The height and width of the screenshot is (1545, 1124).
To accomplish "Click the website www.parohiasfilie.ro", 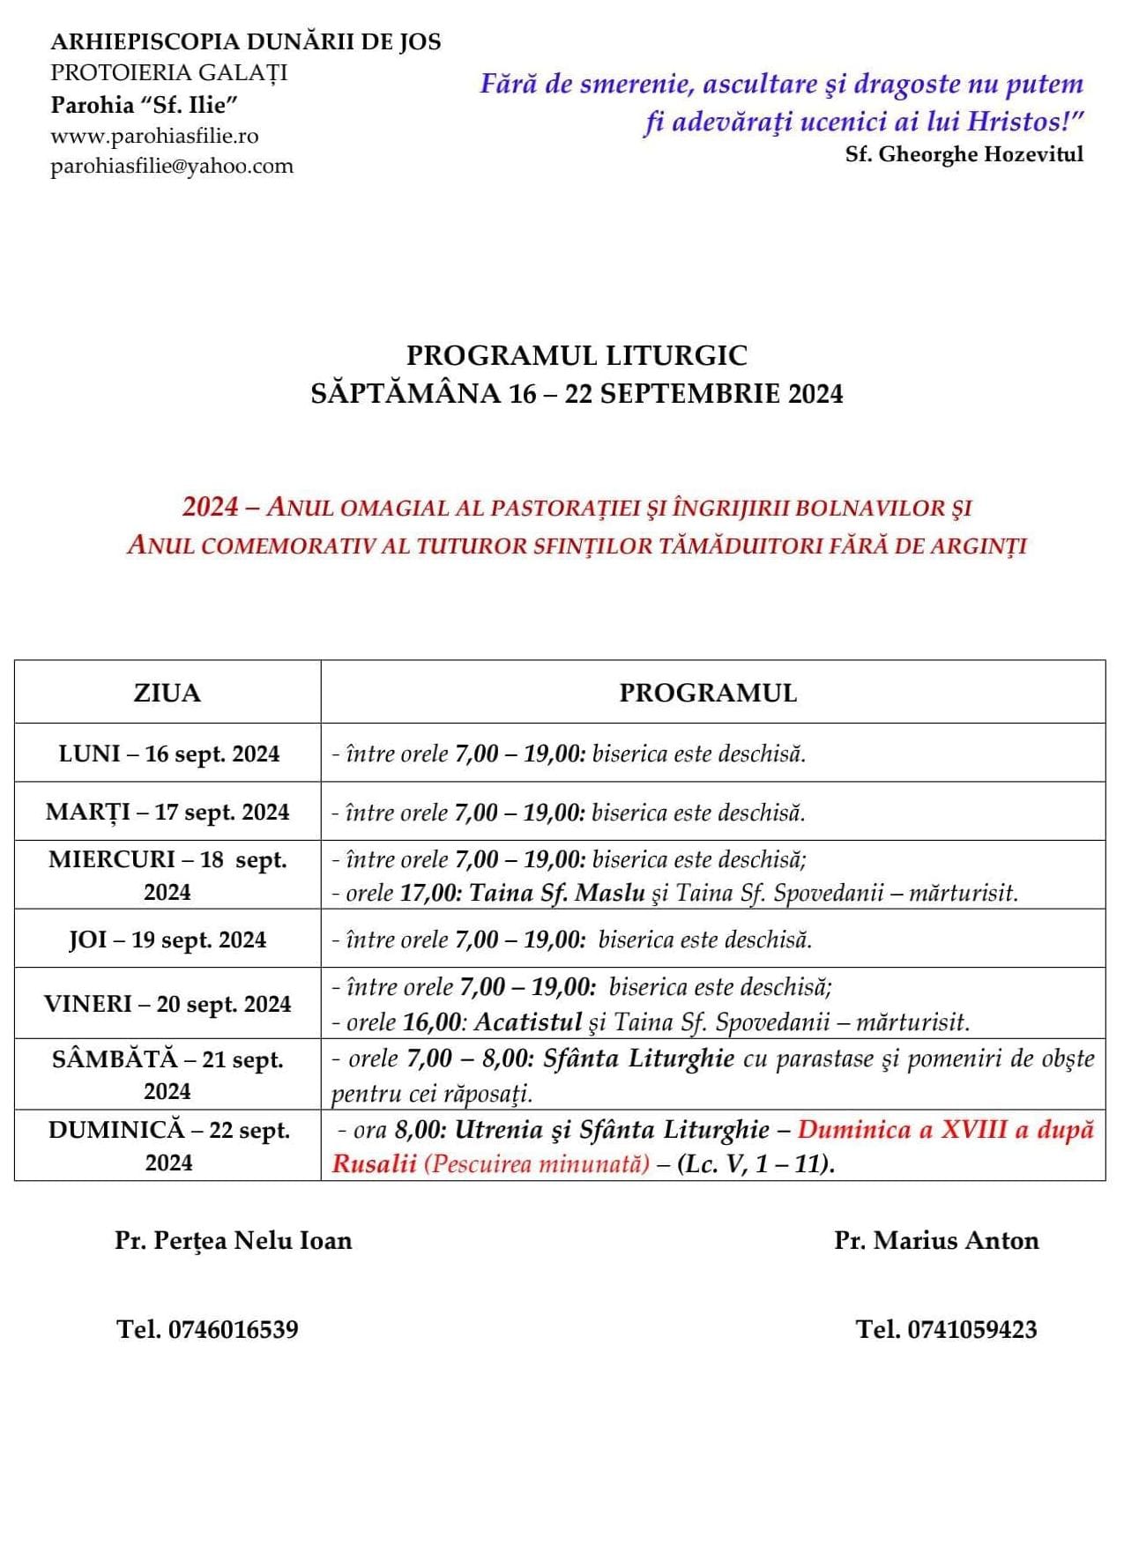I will coord(154,136).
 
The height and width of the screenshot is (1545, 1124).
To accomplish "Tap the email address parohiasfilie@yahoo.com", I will coord(172,166).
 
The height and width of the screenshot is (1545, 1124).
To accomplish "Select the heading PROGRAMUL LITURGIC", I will coord(577,355).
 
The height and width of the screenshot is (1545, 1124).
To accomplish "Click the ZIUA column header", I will coord(167,693).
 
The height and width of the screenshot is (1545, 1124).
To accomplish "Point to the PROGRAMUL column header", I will coord(708,693).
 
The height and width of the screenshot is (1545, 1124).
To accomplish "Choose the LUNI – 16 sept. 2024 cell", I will coord(168,754).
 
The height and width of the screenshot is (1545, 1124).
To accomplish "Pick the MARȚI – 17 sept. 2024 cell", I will coord(167,812).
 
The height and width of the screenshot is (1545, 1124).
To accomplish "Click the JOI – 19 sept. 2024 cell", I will coord(167,940).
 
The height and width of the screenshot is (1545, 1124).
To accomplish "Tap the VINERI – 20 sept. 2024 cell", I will coord(167,1004).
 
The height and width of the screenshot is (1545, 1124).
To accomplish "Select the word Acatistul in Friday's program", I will coord(527,1022).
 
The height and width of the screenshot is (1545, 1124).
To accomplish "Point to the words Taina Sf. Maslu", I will coord(557,893).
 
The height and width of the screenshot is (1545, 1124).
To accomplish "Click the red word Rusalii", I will coord(374,1163).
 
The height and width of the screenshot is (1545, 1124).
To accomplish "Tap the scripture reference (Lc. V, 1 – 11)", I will coord(755,1163).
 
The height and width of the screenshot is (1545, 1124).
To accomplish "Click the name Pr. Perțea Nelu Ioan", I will coord(233,1240).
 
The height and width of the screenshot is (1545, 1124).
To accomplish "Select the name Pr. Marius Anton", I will coord(936,1240).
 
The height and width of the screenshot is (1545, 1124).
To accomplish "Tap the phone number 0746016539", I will coord(233,1329).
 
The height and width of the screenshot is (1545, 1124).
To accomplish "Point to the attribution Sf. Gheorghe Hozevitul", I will coord(964,154).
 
